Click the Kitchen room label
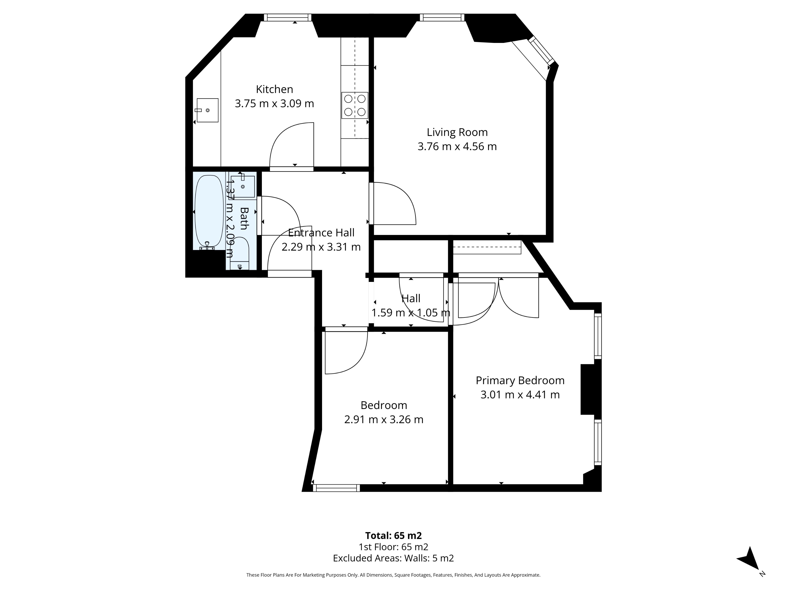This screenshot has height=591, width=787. (x=274, y=89)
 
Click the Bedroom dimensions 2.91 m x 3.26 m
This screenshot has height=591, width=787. (x=383, y=419)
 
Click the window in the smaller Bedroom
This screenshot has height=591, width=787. (x=336, y=488)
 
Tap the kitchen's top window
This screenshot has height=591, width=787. (x=287, y=17)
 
